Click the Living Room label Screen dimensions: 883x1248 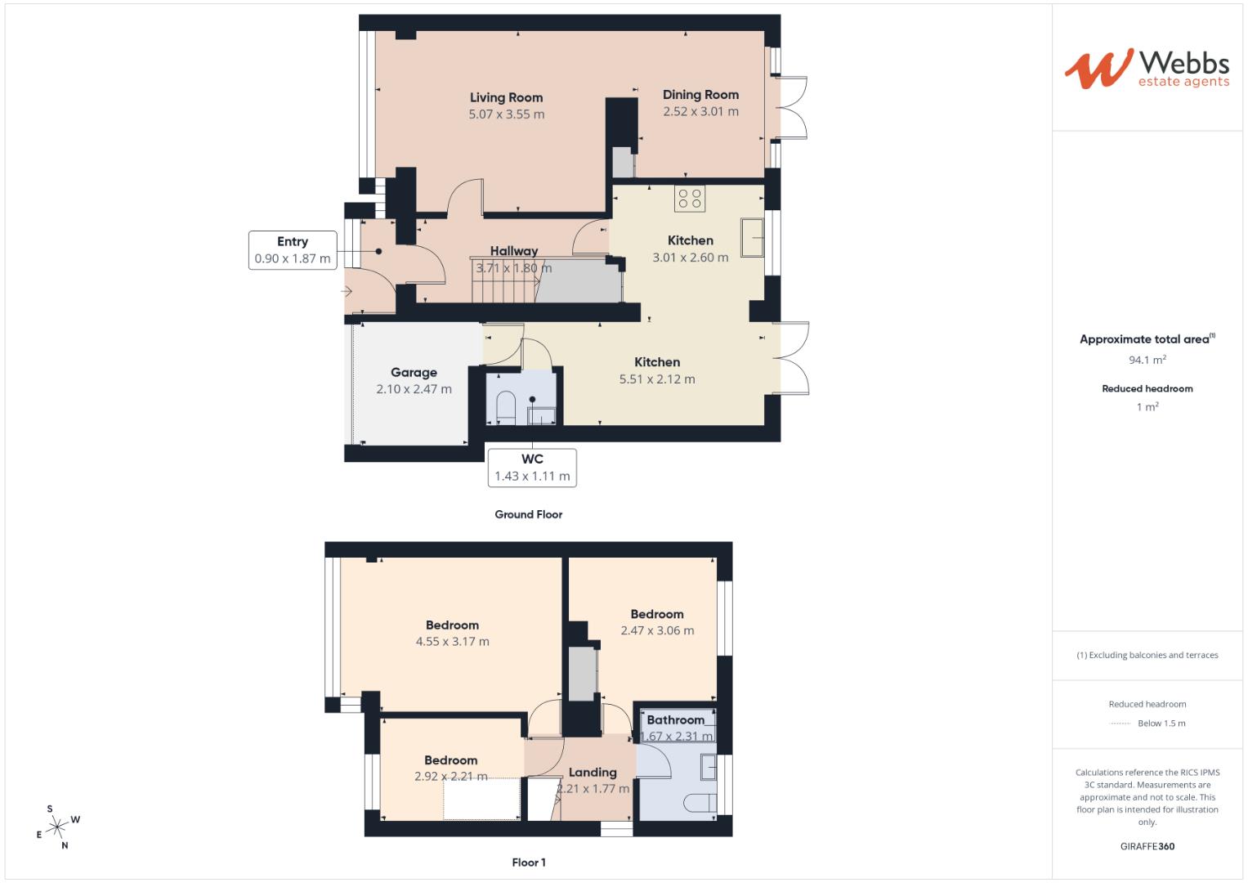pos(506,97)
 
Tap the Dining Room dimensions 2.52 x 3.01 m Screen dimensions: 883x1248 pos(700,112)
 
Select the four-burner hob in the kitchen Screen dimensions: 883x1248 pos(690,199)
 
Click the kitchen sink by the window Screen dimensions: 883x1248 pos(752,237)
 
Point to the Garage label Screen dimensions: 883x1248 pos(414,372)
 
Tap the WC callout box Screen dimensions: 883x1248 pos(532,468)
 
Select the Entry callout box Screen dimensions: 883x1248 pos(293,250)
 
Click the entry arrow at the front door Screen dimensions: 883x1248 pos(347,291)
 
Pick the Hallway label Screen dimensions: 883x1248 pos(514,251)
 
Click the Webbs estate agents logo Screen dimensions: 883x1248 pos(1147,69)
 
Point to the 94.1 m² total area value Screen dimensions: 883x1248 pos(1147,360)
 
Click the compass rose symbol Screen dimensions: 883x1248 pos(56,827)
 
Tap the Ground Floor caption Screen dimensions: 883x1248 pos(529,514)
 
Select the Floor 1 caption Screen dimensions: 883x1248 pos(529,863)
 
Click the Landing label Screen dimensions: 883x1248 pos(593,772)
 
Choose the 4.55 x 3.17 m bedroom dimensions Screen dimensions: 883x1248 pos(452,642)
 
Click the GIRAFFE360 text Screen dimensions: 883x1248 pos(1147,846)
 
